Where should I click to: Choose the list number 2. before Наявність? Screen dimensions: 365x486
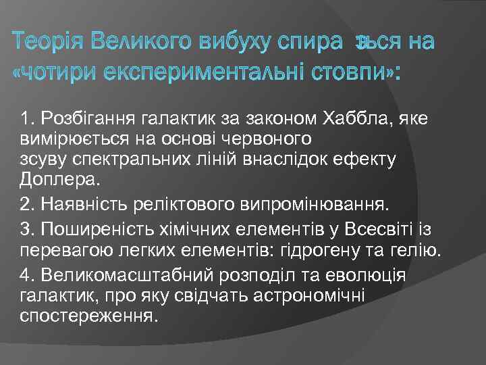click(x=28, y=203)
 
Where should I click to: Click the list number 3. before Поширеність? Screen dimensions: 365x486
click(x=28, y=230)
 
